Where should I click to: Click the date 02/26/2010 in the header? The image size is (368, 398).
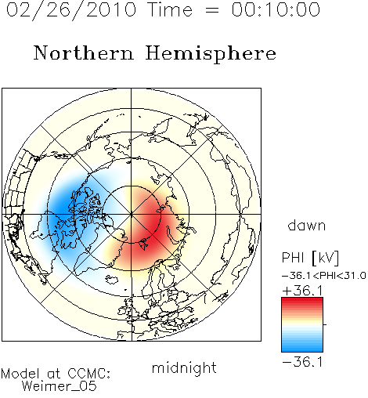[71, 10]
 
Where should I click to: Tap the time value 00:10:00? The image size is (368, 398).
[276, 9]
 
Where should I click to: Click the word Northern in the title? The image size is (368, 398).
[84, 52]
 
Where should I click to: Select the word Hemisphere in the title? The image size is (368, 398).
[211, 54]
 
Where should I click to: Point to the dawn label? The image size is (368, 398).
[307, 225]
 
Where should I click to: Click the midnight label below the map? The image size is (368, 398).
[184, 367]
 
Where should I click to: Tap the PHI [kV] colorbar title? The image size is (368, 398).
[310, 258]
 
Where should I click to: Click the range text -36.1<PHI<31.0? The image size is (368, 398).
[324, 276]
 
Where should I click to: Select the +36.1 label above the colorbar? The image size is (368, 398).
[303, 291]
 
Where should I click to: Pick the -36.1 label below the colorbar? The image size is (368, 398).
[302, 362]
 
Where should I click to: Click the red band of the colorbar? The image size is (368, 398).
[302, 303]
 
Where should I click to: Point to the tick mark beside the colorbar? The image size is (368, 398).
[325, 324]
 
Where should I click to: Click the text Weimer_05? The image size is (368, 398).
[59, 386]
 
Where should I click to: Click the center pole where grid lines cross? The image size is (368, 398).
[132, 215]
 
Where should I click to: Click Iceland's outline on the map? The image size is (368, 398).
[112, 280]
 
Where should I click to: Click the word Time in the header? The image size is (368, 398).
[170, 9]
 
